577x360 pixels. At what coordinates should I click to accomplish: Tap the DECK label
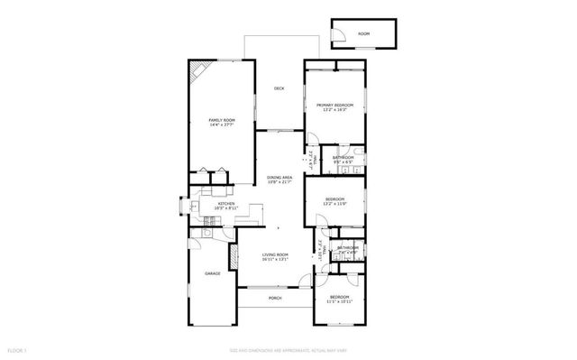click(279, 88)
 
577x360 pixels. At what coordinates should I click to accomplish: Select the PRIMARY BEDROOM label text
click(334, 106)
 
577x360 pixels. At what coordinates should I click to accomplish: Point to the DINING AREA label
click(279, 178)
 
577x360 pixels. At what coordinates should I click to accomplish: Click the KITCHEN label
click(226, 204)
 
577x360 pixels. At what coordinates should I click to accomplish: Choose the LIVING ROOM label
click(275, 255)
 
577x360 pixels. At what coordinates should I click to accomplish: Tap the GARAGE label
click(212, 273)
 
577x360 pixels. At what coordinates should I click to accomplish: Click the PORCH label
click(275, 298)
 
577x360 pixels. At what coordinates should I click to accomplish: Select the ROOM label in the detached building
click(363, 33)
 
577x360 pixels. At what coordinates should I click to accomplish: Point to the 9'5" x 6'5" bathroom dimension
click(343, 163)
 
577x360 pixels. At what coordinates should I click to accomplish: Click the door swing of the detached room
click(339, 36)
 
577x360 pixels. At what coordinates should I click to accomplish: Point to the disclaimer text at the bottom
click(288, 349)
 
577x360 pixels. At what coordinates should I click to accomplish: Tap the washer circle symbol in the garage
click(206, 233)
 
